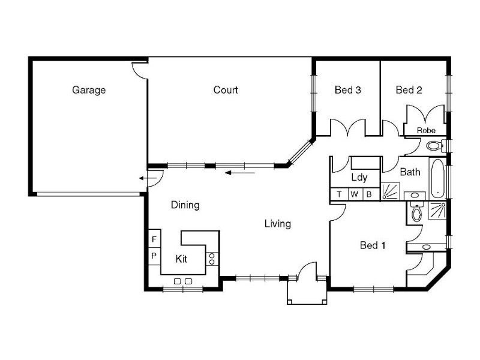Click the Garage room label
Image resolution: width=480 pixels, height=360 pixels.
(89, 90)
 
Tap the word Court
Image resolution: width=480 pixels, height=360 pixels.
(226, 90)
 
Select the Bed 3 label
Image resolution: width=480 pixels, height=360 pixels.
(347, 90)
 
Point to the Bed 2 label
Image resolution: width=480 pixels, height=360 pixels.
(409, 90)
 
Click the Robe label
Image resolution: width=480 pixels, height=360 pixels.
(426, 130)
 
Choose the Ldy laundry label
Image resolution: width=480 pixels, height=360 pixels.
(359, 177)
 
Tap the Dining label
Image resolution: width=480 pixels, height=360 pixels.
(185, 205)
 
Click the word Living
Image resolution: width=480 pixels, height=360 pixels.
(278, 224)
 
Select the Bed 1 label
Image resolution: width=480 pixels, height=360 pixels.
(373, 245)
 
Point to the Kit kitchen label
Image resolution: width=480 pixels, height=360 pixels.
(182, 259)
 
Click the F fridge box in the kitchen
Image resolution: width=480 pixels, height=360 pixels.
(154, 239)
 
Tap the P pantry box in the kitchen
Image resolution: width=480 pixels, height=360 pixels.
(154, 255)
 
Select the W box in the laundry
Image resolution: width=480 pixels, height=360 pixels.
(354, 194)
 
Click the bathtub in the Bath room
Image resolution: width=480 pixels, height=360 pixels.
(437, 178)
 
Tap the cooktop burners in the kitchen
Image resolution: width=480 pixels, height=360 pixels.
(212, 259)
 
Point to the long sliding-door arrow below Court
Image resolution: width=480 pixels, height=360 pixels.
(240, 173)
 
